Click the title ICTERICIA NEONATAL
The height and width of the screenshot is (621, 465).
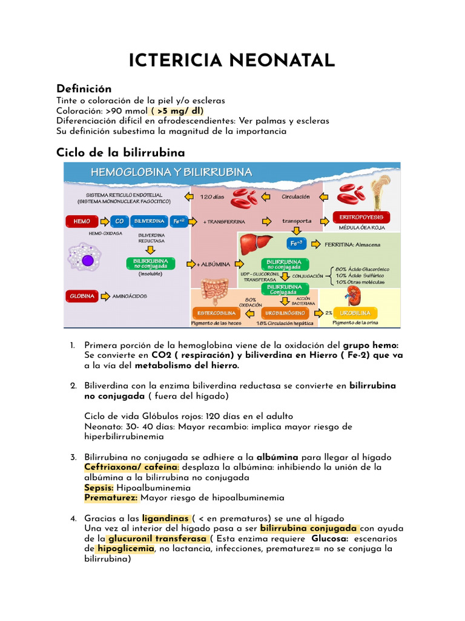pyautogui.click(x=232, y=61)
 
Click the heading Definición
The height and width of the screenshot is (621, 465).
pyautogui.click(x=84, y=89)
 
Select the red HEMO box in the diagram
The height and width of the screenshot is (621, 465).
pyautogui.click(x=82, y=221)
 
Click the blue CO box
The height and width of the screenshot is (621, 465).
pyautogui.click(x=119, y=221)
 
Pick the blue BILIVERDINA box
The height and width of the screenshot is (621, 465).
pyautogui.click(x=148, y=221)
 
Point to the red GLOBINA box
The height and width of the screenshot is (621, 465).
pyautogui.click(x=82, y=297)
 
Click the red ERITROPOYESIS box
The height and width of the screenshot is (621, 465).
pyautogui.click(x=361, y=217)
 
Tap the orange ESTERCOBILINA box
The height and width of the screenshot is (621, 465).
pyautogui.click(x=216, y=313)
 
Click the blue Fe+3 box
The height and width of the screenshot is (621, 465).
pyautogui.click(x=297, y=244)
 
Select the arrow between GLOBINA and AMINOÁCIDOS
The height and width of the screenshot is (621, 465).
pyautogui.click(x=104, y=297)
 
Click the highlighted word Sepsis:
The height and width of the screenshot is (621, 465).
pyautogui.click(x=99, y=488)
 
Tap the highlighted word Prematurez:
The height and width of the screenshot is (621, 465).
pyautogui.click(x=111, y=498)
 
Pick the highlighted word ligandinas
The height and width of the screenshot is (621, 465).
pyautogui.click(x=165, y=519)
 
